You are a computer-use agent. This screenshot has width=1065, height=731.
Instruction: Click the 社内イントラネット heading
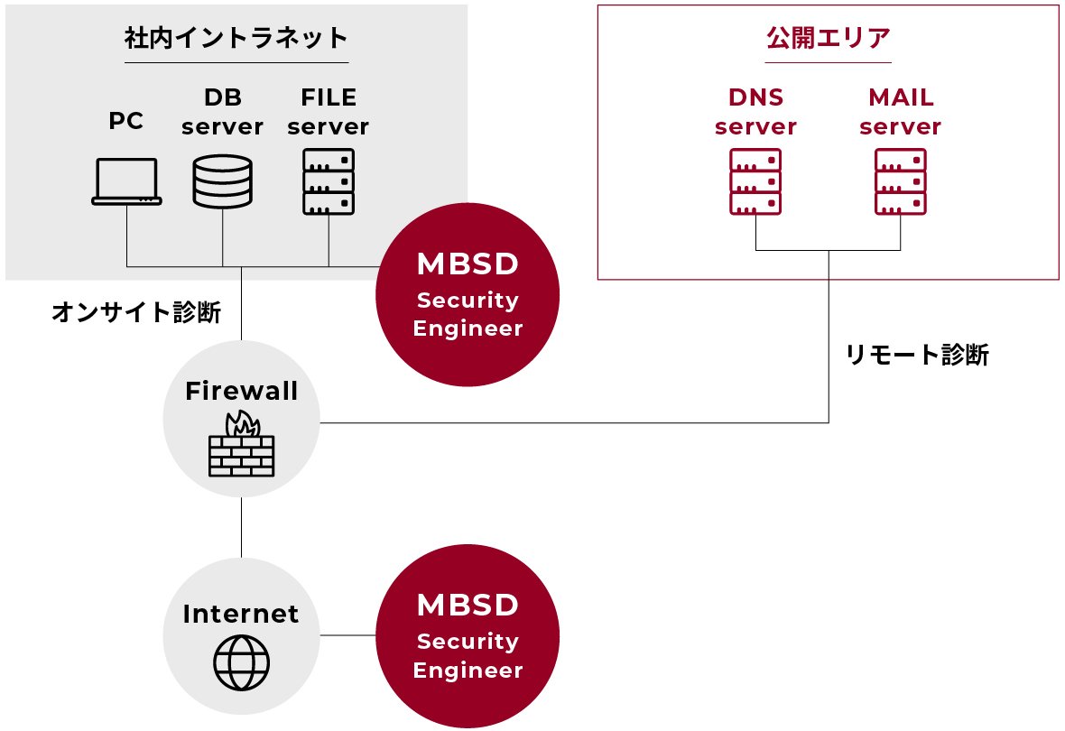[236, 38]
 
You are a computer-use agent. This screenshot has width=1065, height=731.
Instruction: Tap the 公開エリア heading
[828, 38]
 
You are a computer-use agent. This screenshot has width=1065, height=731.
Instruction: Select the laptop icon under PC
[126, 181]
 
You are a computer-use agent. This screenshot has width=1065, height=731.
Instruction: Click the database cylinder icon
[222, 182]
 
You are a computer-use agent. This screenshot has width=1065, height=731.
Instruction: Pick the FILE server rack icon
[328, 182]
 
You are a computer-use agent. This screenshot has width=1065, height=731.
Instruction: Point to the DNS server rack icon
[755, 182]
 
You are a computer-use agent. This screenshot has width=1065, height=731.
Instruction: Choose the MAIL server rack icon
[901, 182]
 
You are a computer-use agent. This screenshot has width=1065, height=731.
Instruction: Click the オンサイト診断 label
[135, 312]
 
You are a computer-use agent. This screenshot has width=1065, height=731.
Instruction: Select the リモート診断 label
[917, 355]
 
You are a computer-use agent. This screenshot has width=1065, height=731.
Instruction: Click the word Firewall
[241, 391]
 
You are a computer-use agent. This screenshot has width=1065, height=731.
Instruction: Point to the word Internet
[241, 614]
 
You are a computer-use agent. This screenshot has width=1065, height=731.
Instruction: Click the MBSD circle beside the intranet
[468, 295]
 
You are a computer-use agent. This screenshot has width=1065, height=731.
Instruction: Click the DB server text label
[222, 112]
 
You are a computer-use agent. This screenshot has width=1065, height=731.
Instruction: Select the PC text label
[126, 121]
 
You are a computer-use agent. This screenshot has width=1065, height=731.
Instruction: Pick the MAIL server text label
[901, 112]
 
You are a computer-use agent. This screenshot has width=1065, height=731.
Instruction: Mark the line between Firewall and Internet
[241, 528]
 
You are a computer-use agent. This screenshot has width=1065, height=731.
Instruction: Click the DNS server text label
[755, 112]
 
